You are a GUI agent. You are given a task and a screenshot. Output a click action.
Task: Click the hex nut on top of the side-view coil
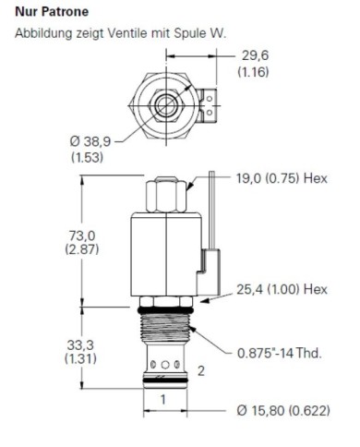[167, 193]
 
